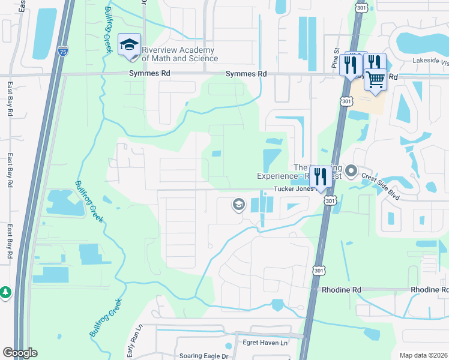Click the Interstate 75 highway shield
64,53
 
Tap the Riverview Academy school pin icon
129,45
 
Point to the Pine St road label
336,58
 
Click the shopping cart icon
375,79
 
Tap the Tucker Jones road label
294,188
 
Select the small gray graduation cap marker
238,205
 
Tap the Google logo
20,353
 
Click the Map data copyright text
424,355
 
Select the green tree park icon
5,292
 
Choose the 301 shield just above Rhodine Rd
316,271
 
